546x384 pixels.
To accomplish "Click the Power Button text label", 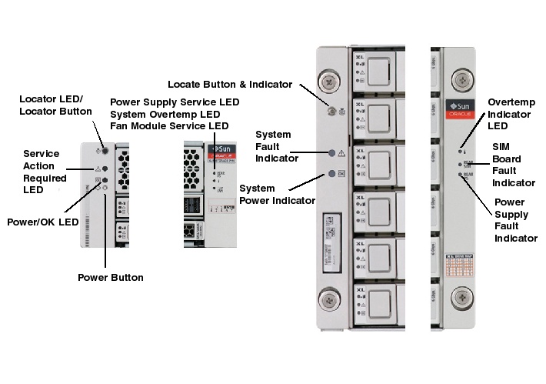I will [x=111, y=277].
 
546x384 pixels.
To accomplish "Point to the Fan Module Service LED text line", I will [x=169, y=125].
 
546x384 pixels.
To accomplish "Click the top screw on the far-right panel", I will [x=461, y=78].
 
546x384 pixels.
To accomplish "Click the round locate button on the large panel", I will [x=331, y=112].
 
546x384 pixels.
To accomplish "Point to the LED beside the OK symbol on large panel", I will [x=331, y=174].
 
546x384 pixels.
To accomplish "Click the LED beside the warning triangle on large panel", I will [x=331, y=153].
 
